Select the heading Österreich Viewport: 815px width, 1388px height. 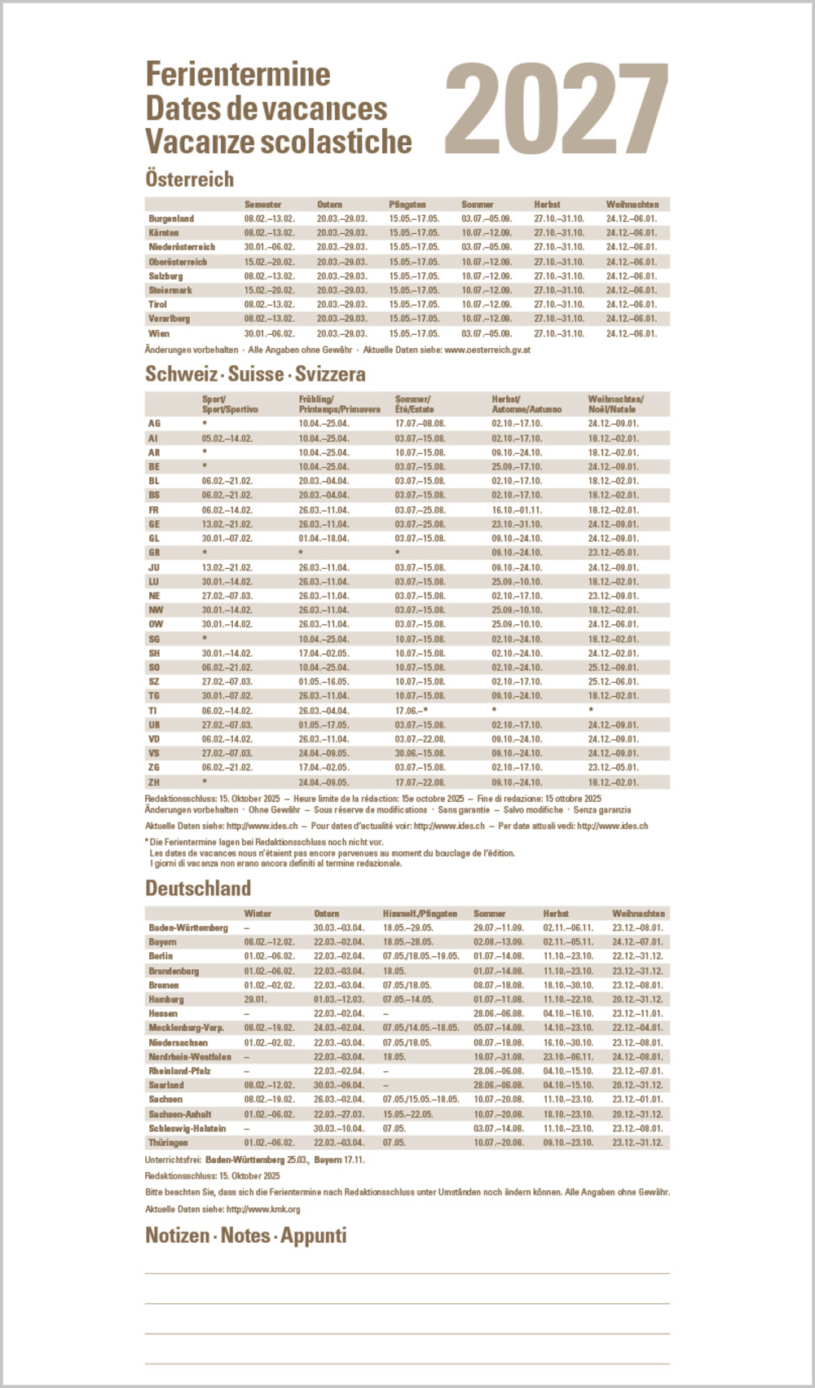(x=189, y=179)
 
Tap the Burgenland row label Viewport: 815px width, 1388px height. (x=171, y=218)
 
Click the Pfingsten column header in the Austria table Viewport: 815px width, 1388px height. (x=407, y=205)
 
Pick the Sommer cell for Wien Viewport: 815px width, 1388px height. (x=487, y=333)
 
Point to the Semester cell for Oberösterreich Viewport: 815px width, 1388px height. (x=269, y=262)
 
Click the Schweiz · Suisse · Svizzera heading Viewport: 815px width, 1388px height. (x=255, y=374)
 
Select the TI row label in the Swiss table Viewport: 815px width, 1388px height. (x=152, y=711)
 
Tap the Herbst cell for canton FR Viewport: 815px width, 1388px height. (x=517, y=510)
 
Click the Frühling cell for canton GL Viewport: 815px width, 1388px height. (x=324, y=539)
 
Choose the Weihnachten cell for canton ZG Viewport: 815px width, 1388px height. (x=614, y=768)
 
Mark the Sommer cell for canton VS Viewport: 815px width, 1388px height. (x=420, y=753)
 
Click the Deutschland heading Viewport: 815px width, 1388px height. (x=198, y=888)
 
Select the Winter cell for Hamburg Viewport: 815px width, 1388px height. (x=255, y=999)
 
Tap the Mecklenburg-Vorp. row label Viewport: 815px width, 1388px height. (x=186, y=1028)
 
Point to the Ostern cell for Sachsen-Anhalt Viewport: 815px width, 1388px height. (x=339, y=1114)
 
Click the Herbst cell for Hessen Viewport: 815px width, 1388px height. (x=568, y=1014)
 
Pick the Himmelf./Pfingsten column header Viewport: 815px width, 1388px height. (x=420, y=914)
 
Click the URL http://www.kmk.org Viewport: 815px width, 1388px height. (x=263, y=1210)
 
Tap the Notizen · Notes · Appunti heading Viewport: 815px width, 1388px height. (x=246, y=1236)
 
